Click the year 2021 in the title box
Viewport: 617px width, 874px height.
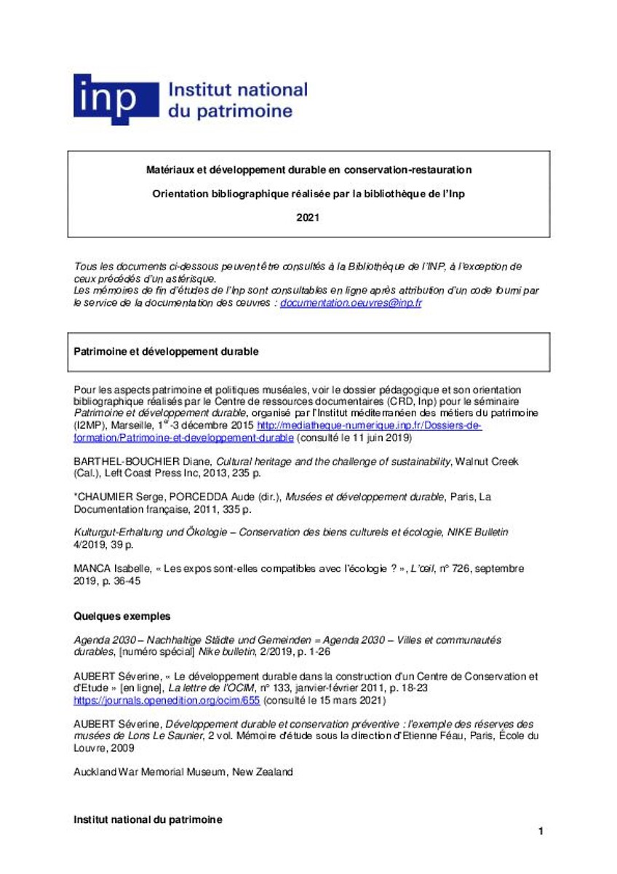tap(308, 217)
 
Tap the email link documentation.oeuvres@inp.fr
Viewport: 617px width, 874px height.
tap(351, 302)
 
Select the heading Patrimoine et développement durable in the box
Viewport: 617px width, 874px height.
tap(167, 351)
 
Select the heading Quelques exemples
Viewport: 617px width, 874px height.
tap(122, 615)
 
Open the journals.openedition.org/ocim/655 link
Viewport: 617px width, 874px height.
tap(167, 700)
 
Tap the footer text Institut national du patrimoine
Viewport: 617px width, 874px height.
tap(148, 819)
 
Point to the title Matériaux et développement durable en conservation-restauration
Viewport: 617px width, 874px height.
tap(308, 170)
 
